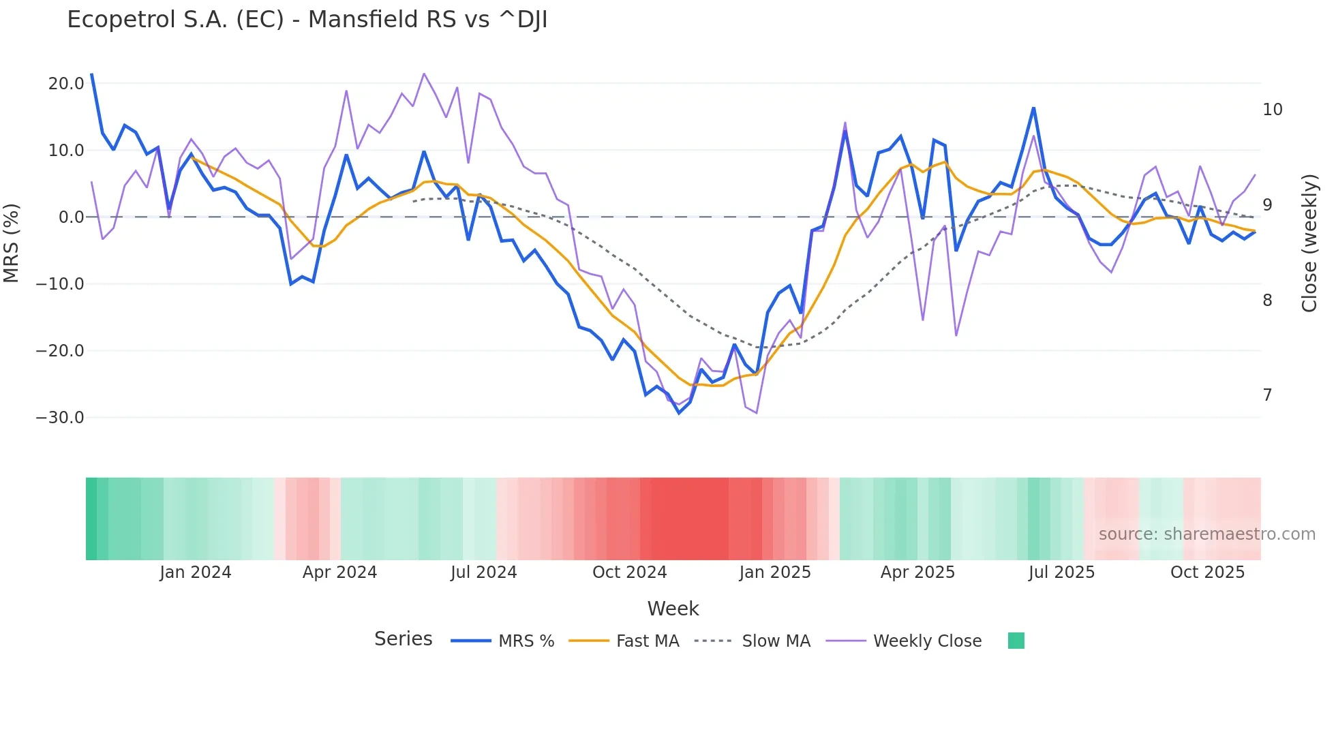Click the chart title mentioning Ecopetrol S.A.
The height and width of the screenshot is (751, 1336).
tap(307, 20)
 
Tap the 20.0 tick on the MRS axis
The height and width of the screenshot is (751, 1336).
tap(66, 84)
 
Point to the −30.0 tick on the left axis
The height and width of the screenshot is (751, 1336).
tap(60, 418)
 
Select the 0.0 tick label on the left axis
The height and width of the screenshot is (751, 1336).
tap(72, 217)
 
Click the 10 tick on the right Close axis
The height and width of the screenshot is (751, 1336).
tap(1272, 110)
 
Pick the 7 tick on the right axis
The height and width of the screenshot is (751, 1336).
tap(1267, 395)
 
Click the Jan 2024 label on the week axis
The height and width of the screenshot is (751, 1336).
tap(196, 572)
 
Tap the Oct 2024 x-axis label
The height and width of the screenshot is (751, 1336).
tap(629, 572)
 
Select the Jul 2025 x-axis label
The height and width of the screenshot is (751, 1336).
tap(1061, 572)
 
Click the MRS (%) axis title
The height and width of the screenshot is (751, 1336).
tap(12, 243)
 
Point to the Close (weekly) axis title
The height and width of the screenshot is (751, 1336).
tap(1309, 243)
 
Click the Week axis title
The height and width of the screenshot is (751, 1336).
tap(673, 609)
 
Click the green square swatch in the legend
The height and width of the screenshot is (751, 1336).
tap(1016, 641)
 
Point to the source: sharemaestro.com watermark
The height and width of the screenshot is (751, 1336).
tap(1206, 534)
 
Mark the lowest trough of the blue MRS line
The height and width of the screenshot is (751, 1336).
tap(679, 413)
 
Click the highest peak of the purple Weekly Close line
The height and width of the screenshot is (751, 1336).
tap(424, 74)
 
